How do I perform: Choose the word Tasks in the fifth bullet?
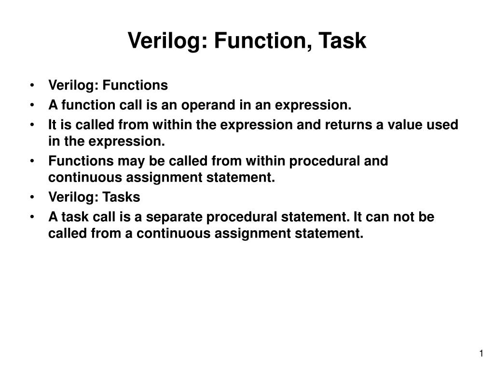(x=121, y=198)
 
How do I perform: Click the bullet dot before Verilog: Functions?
(x=31, y=86)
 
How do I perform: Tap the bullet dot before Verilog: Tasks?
(x=31, y=198)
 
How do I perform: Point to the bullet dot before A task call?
(x=31, y=217)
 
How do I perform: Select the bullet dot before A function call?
(x=31, y=105)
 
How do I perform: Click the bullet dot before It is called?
(x=31, y=125)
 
